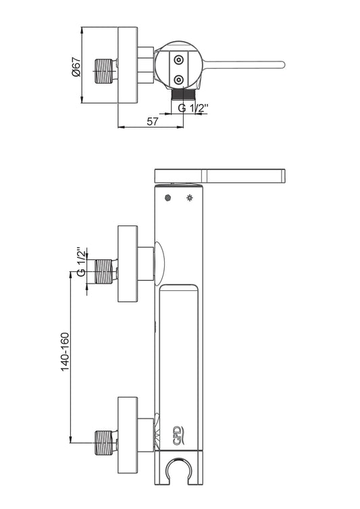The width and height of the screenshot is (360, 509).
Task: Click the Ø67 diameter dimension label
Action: pyautogui.click(x=76, y=67)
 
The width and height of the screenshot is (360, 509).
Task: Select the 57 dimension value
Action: pyautogui.click(x=153, y=122)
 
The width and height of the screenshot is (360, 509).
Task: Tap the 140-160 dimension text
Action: pyautogui.click(x=65, y=352)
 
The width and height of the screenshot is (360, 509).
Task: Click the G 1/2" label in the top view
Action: pyautogui.click(x=192, y=107)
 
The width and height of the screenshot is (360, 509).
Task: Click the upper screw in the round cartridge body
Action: pyautogui.click(x=179, y=59)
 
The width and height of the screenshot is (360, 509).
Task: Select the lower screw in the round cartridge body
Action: pyautogui.click(x=179, y=80)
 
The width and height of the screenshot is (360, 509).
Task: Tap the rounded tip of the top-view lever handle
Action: pyautogui.click(x=282, y=65)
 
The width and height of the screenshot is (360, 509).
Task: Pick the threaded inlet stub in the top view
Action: pyautogui.click(x=105, y=71)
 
